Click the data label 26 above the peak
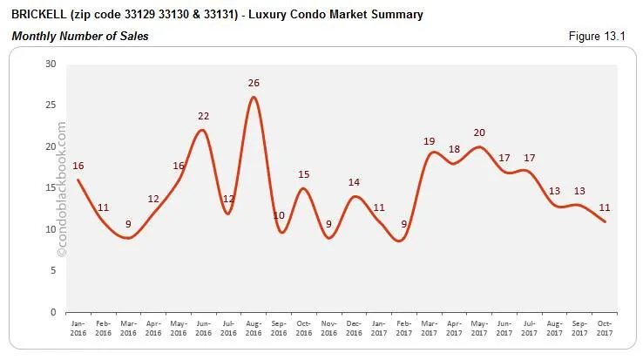(254, 83)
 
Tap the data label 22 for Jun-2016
(203, 116)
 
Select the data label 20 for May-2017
(479, 132)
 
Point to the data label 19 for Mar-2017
(429, 141)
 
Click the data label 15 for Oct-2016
(304, 174)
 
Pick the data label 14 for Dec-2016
(355, 182)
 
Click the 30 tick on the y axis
(51, 65)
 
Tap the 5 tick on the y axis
(53, 270)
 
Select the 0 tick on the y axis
(53, 312)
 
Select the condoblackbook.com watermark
(61, 188)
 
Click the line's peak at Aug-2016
(254, 97)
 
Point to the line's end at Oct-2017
(606, 221)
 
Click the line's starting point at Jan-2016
(78, 180)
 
